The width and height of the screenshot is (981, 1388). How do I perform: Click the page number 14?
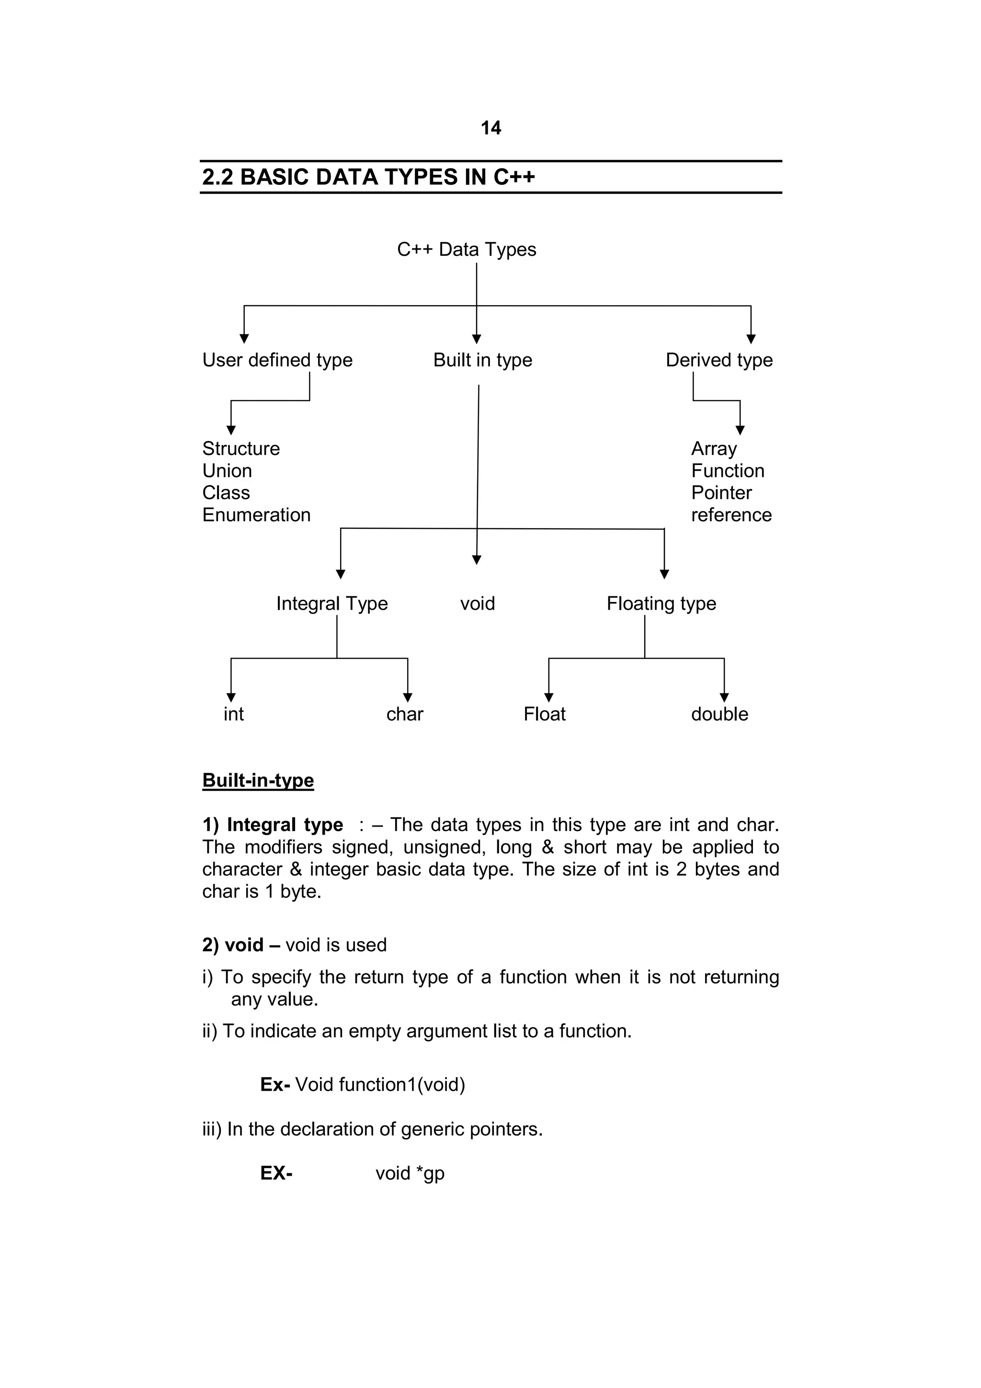(x=490, y=128)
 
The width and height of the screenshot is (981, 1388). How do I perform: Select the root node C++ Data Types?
(x=466, y=250)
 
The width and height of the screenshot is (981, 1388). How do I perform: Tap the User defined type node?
(x=277, y=360)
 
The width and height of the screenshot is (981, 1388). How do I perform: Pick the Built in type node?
(x=482, y=360)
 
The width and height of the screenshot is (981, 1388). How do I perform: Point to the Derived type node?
(x=719, y=360)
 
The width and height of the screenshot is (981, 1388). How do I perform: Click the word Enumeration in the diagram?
(x=256, y=515)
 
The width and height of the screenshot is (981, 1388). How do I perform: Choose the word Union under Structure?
(x=227, y=471)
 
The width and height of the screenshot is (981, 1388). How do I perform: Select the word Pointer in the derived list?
(x=721, y=493)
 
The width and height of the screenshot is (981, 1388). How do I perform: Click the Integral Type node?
(x=332, y=603)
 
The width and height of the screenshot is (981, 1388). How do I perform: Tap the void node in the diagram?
(x=477, y=603)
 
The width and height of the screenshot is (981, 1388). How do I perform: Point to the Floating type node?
(x=661, y=603)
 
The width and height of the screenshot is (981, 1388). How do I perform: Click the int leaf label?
(x=233, y=714)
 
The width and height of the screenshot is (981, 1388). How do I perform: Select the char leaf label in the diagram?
(x=404, y=714)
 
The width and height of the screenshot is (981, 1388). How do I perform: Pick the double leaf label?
(x=719, y=714)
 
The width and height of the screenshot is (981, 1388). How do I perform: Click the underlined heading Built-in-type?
(x=258, y=780)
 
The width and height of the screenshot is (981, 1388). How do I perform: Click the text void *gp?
(x=410, y=1173)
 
